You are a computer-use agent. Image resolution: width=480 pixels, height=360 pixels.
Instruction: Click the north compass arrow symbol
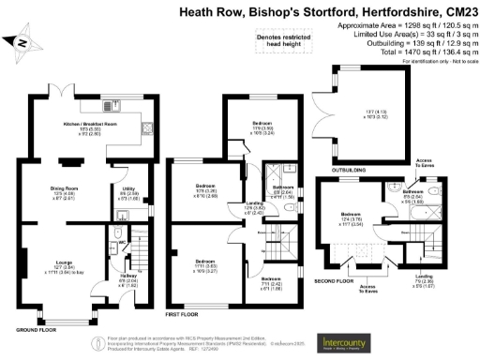[23, 43]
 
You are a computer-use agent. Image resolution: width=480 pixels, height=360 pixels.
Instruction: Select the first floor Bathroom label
[283, 187]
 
